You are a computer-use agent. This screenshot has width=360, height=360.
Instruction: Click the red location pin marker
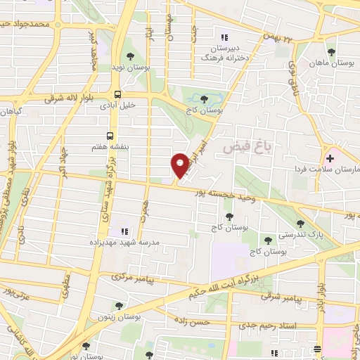180,166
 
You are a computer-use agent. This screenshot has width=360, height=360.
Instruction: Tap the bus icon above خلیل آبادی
118,94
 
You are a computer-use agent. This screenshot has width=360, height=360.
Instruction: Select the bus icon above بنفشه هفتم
110,135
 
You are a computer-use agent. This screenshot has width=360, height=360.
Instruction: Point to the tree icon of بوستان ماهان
332,52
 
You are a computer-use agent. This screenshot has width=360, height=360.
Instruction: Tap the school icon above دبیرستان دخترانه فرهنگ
225,37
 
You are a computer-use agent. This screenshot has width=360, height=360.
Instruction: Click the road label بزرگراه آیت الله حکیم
221,283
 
